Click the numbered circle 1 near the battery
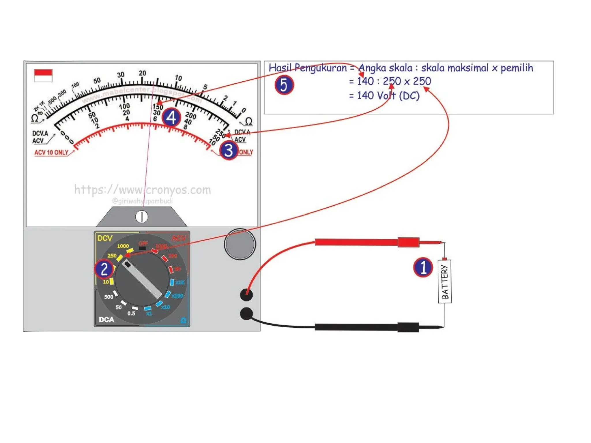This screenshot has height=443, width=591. click(x=423, y=267)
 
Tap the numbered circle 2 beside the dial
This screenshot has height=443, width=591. click(x=104, y=269)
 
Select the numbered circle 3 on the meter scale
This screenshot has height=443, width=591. click(x=229, y=150)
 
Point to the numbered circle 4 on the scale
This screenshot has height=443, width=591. click(x=171, y=117)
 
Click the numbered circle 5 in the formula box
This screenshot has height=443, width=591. click(x=284, y=85)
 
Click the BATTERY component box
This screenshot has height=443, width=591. click(x=444, y=281)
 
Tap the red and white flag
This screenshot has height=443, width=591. click(x=43, y=76)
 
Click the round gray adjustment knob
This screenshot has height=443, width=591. click(x=240, y=244)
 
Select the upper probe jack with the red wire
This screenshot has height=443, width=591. click(x=246, y=294)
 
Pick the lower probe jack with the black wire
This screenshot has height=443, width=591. click(x=246, y=314)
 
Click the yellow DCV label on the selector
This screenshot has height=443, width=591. click(x=105, y=238)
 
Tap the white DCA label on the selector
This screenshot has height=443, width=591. click(x=106, y=320)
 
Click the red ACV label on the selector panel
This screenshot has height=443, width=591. click(x=179, y=238)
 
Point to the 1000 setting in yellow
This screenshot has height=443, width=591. click(x=123, y=246)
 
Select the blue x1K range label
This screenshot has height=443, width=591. click(x=180, y=282)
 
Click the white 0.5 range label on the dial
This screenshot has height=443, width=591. click(x=131, y=314)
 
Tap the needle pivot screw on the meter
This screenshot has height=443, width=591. click(x=142, y=217)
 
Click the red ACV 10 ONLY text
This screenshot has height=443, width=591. click(x=51, y=152)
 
